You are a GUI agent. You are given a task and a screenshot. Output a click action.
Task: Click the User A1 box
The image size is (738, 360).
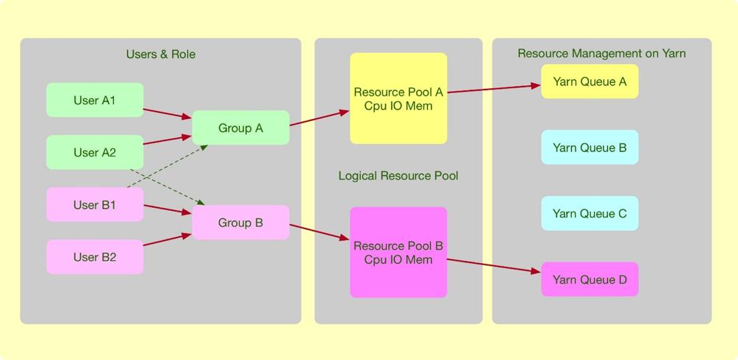coord(95,100)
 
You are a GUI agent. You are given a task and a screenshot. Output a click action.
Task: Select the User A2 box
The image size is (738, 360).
coord(95,152)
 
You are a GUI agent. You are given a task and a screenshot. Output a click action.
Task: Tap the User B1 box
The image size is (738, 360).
coord(95,204)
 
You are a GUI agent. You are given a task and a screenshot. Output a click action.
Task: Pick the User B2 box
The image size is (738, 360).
coord(95,256)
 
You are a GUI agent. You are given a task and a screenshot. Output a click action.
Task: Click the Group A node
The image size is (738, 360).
coord(240,128)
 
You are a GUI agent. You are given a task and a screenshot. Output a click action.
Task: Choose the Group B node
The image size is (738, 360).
coord(240,222)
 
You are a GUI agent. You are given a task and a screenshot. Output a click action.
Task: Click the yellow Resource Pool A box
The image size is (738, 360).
coord(398,98)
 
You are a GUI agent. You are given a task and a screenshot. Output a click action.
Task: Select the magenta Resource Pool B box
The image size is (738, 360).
coord(398,252)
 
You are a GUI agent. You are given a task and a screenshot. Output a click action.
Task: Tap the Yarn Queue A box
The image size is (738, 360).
coord(590,82)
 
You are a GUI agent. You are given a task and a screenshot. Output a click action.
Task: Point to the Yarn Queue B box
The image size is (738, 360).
coord(590,147)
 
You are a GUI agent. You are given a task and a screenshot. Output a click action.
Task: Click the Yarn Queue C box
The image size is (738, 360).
coord(590,213)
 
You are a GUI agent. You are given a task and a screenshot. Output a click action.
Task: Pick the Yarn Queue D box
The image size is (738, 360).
coord(590,279)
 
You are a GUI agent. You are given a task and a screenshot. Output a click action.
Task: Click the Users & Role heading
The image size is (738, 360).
coord(160,54)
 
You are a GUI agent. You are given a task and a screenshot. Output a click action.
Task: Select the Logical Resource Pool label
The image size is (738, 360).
coord(398,176)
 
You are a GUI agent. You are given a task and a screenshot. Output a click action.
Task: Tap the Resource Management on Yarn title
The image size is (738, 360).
coord(601,53)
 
